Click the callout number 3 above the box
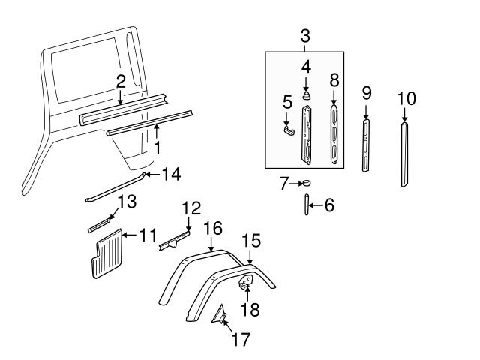305,34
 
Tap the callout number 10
406,98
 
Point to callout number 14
171,175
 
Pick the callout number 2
121,82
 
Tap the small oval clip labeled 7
305,183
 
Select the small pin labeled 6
306,204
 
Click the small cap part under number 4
306,96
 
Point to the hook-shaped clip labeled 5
289,130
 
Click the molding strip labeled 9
366,147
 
